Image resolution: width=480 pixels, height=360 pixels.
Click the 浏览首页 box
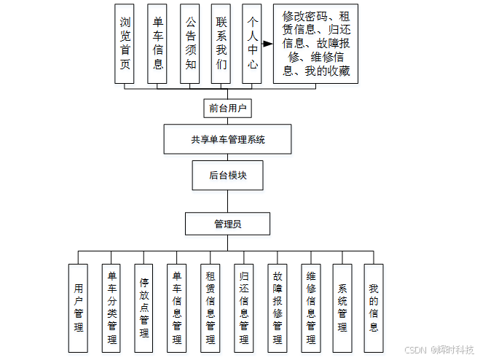coord(125,44)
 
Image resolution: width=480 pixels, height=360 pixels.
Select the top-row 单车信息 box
coord(158,44)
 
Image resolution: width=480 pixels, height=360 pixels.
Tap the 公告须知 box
coord(190,44)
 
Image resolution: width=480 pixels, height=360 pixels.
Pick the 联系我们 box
coord(221,44)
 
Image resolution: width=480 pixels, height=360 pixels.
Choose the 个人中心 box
coord(252,44)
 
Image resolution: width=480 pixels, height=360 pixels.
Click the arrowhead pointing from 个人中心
coord(267,43)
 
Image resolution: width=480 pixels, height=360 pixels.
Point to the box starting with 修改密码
coord(316,44)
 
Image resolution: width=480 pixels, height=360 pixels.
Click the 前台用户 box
coord(228,109)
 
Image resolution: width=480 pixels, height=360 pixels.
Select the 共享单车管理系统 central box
coord(228,139)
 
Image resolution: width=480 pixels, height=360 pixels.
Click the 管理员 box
coord(228,224)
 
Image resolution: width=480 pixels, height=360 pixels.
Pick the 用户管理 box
coord(79,308)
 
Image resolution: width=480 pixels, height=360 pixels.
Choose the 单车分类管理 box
coord(112,308)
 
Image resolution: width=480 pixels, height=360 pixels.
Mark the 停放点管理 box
coord(144,308)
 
